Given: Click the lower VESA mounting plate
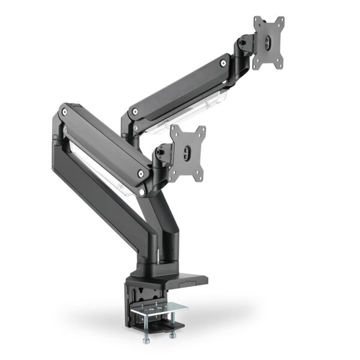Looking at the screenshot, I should (x=187, y=154).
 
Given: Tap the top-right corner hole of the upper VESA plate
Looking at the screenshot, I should (x=280, y=20).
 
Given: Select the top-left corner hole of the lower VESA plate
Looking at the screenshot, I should (x=173, y=130).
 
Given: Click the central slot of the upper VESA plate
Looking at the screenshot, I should (x=268, y=43).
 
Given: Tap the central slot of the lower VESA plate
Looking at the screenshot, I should (x=186, y=154).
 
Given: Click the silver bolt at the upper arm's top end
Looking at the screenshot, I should (x=223, y=62).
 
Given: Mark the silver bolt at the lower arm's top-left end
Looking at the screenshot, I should (x=64, y=111).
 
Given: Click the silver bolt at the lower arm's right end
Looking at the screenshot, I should (x=141, y=174).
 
